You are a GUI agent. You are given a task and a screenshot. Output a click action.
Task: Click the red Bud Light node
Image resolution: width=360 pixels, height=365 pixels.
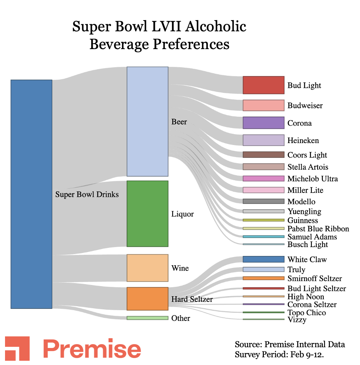pyautogui.click(x=263, y=85)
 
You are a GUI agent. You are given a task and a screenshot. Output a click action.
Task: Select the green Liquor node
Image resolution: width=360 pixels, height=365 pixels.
pyautogui.click(x=148, y=213)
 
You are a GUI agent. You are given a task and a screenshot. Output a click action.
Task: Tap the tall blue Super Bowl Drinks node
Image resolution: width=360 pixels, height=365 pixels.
pyautogui.click(x=31, y=194)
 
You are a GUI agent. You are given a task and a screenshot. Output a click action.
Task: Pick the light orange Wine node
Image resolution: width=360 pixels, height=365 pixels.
pyautogui.click(x=148, y=268)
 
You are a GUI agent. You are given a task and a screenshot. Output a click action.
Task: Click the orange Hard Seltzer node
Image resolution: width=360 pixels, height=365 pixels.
pyautogui.click(x=148, y=298)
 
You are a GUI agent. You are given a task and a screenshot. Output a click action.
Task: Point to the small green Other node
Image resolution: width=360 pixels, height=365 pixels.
pyautogui.click(x=148, y=318)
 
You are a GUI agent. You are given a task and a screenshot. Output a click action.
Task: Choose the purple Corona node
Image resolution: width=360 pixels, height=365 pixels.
pyautogui.click(x=263, y=123)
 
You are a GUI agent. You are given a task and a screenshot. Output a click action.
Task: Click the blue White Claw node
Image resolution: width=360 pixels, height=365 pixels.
pyautogui.click(x=263, y=259)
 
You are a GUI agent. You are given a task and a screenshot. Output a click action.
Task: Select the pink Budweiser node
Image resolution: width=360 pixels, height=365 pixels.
pyautogui.click(x=263, y=105)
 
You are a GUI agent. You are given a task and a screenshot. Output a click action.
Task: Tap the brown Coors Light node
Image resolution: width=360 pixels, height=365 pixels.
pyautogui.click(x=263, y=155)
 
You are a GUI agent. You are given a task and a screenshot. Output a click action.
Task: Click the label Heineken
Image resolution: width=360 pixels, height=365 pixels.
pyautogui.click(x=303, y=140)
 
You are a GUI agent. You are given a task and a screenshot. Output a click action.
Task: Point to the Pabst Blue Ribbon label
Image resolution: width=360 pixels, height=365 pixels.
pyautogui.click(x=318, y=229)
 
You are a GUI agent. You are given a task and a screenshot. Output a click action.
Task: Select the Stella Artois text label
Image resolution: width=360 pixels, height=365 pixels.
pyautogui.click(x=308, y=167)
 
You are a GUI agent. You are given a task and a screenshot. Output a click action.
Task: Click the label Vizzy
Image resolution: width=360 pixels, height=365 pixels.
pyautogui.click(x=297, y=320)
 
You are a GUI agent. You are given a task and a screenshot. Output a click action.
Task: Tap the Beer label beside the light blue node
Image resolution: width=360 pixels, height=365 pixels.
pyautogui.click(x=179, y=122)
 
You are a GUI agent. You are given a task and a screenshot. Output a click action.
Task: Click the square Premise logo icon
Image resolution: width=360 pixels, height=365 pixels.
pyautogui.click(x=17, y=348)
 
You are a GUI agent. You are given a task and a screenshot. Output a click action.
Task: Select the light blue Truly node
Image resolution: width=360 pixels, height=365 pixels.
pyautogui.click(x=263, y=269)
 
